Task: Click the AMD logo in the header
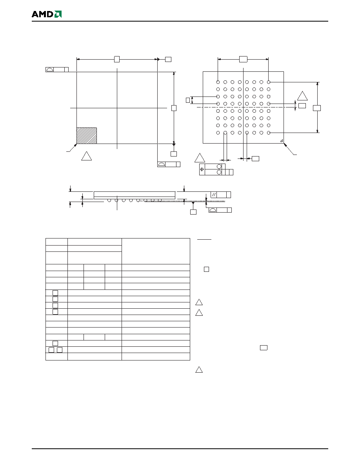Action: click(x=47, y=14)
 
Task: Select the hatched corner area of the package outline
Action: click(x=87, y=136)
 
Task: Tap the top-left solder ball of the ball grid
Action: click(x=218, y=82)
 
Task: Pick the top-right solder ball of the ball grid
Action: click(x=269, y=82)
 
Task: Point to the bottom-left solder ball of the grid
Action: click(x=218, y=133)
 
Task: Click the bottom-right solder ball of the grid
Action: click(x=269, y=133)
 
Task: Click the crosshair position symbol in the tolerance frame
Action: click(x=202, y=169)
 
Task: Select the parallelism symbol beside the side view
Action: click(x=214, y=195)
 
